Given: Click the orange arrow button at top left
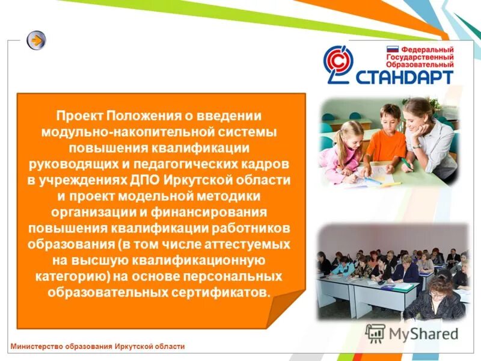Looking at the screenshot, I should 37,40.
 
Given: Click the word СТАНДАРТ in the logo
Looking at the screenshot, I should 405,76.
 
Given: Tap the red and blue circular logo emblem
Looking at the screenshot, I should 340,64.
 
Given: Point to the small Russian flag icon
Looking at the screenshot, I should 392,49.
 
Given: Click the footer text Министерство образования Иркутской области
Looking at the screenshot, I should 97,346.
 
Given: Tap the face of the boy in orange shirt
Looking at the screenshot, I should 390,117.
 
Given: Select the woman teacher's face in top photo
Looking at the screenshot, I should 420,112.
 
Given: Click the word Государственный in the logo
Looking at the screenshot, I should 420,57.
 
